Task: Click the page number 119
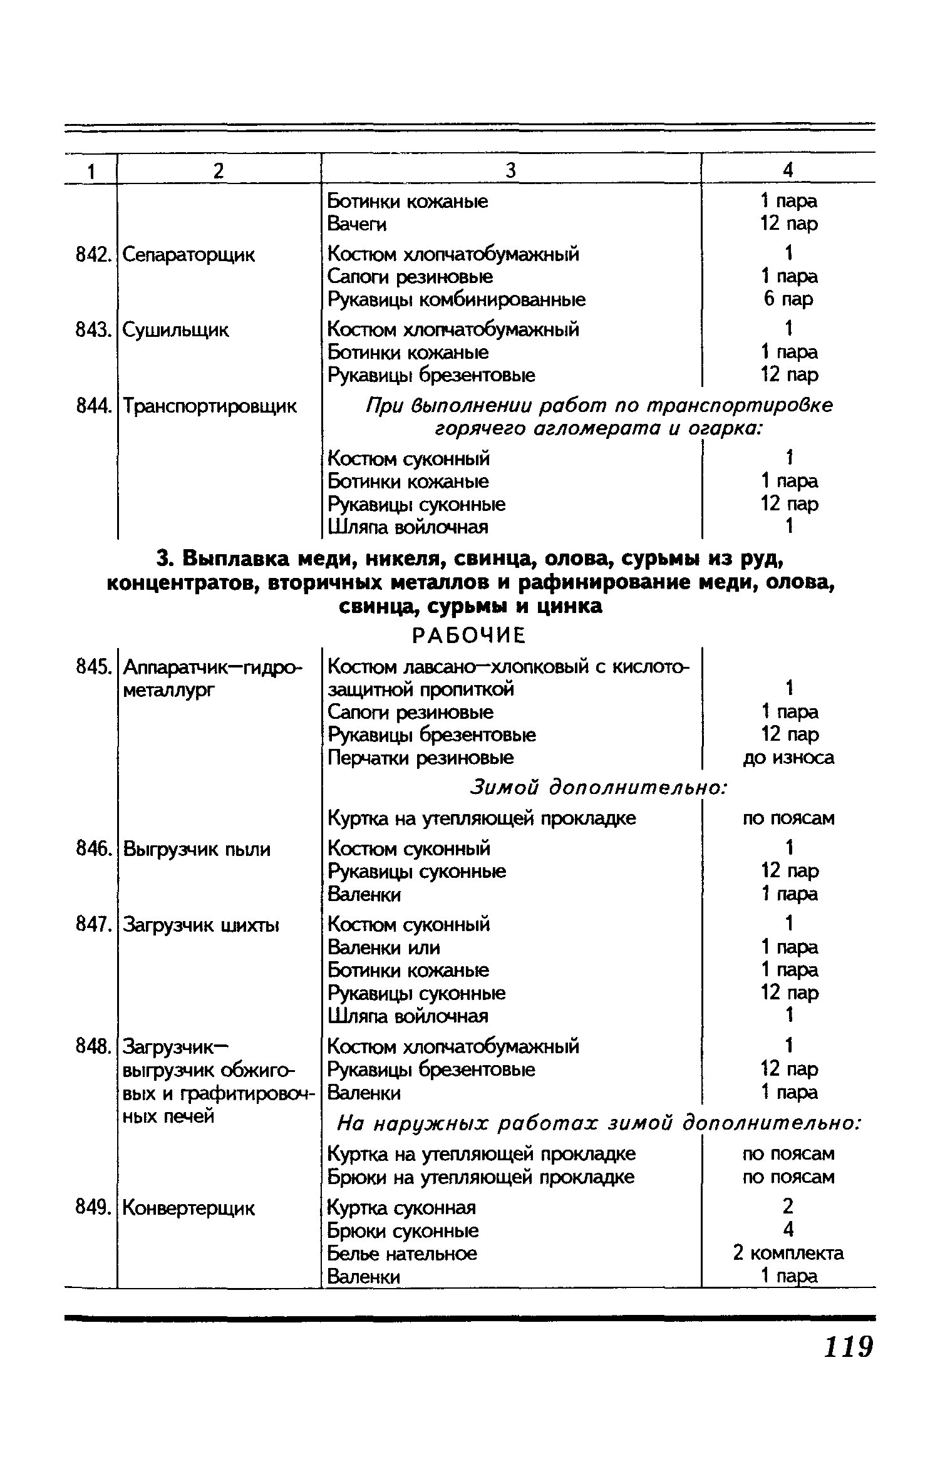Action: [x=848, y=1347]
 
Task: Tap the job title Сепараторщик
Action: [x=189, y=255]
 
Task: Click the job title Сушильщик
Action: [x=175, y=330]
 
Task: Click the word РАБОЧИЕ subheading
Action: [x=468, y=636]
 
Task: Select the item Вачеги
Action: [x=357, y=224]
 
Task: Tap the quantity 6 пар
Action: [x=788, y=299]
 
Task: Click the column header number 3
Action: [x=510, y=170]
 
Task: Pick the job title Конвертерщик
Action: [x=189, y=1208]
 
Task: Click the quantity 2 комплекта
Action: [x=788, y=1253]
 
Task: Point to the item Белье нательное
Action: [x=402, y=1254]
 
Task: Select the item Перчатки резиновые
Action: [x=420, y=758]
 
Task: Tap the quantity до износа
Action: [x=788, y=758]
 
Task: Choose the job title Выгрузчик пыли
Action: [x=197, y=850]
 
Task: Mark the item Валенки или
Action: [x=384, y=947]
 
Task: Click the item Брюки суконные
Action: [x=403, y=1230]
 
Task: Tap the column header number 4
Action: [x=788, y=170]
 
